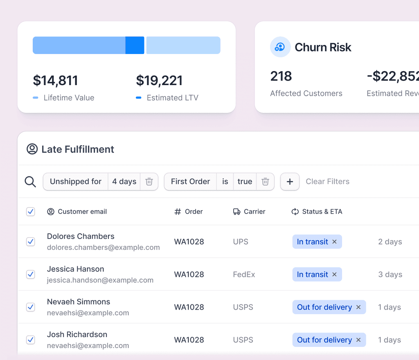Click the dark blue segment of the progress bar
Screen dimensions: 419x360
(135, 45)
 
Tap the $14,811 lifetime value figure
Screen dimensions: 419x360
(55, 80)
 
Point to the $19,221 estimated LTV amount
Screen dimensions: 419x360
(159, 80)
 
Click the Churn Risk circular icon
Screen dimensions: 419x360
(280, 47)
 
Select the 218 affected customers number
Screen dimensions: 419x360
(281, 76)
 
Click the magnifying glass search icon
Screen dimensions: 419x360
(30, 182)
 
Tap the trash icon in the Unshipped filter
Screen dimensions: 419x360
(149, 182)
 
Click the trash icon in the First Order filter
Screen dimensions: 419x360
(265, 182)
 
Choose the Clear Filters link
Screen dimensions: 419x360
(328, 182)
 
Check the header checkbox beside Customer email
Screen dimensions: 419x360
(31, 211)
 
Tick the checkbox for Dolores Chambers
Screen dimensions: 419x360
(31, 241)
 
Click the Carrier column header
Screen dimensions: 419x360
(249, 211)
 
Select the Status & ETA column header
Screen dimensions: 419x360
(317, 211)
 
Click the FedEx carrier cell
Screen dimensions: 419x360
(244, 274)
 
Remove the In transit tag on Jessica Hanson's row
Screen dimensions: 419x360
(334, 274)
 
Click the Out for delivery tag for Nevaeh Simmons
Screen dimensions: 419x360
(329, 307)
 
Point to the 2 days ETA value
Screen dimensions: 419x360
(390, 242)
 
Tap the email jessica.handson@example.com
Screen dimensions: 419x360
(100, 280)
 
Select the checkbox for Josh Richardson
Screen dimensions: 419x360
(31, 340)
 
